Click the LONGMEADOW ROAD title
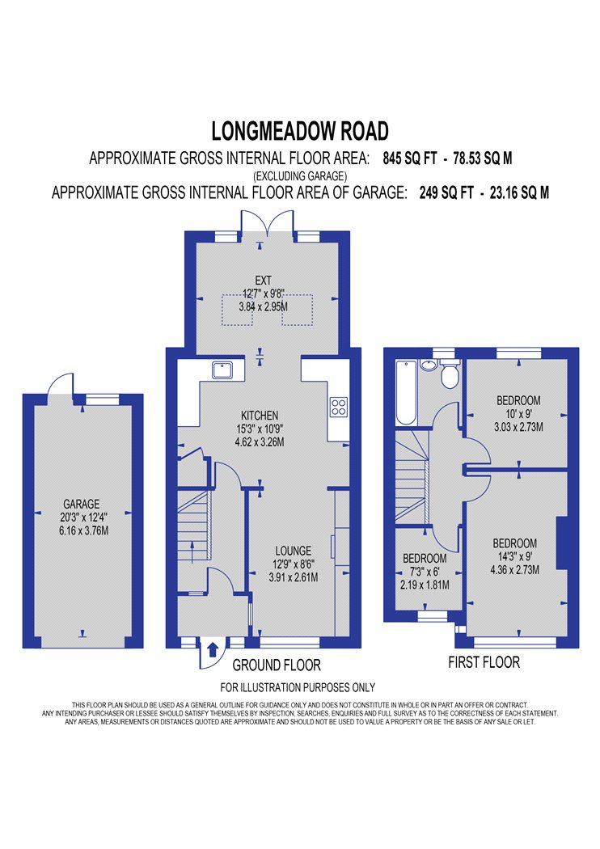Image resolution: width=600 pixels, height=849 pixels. pyautogui.click(x=300, y=131)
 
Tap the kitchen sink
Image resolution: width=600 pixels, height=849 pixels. pyautogui.click(x=222, y=370)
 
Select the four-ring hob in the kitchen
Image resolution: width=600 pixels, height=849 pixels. pyautogui.click(x=339, y=408)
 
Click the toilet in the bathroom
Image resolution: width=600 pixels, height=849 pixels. pyautogui.click(x=450, y=374)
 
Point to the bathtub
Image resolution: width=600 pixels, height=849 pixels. pyautogui.click(x=406, y=393)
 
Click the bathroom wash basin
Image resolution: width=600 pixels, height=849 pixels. pyautogui.click(x=429, y=365)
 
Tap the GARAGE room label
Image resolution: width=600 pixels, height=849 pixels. pyautogui.click(x=81, y=504)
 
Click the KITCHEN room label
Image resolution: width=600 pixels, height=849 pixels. pyautogui.click(x=260, y=416)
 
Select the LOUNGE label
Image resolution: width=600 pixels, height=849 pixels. pyautogui.click(x=293, y=551)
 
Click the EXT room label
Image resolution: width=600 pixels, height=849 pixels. pyautogui.click(x=263, y=281)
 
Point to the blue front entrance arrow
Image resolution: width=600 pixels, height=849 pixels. pyautogui.click(x=213, y=649)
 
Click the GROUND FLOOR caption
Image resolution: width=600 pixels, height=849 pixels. pyautogui.click(x=277, y=665)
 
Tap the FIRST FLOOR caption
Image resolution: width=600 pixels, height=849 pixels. pyautogui.click(x=484, y=662)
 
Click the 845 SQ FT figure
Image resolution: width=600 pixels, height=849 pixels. pyautogui.click(x=409, y=158)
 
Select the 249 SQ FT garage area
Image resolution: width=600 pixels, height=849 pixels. pyautogui.click(x=446, y=192)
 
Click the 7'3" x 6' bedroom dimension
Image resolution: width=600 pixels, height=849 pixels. pyautogui.click(x=425, y=571)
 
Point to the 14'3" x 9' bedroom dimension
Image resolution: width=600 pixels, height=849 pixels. pyautogui.click(x=514, y=556)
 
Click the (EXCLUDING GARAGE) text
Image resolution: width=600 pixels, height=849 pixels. pyautogui.click(x=300, y=176)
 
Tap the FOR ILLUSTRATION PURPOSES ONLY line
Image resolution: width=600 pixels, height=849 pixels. pyautogui.click(x=298, y=687)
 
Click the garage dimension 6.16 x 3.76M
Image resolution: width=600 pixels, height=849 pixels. pyautogui.click(x=83, y=530)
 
